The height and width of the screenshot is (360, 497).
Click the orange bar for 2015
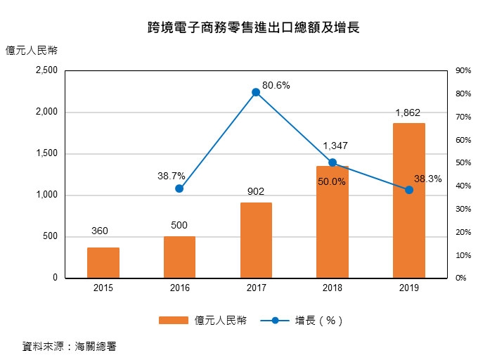click(x=103, y=262)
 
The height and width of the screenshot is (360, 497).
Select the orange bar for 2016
click(x=179, y=257)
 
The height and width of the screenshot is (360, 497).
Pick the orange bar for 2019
click(x=408, y=200)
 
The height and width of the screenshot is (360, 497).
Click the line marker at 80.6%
click(x=256, y=92)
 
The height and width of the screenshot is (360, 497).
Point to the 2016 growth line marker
click(x=179, y=188)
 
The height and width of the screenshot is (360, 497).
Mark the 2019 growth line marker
click(x=409, y=190)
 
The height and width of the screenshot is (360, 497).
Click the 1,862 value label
click(x=408, y=112)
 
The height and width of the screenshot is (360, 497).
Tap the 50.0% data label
click(x=332, y=181)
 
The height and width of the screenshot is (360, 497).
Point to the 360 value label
click(x=99, y=231)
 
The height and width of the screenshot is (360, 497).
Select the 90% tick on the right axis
click(x=463, y=71)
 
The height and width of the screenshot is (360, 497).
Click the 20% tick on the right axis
click(x=463, y=232)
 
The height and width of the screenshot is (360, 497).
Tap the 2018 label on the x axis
click(x=333, y=288)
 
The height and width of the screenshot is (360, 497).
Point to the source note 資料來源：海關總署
click(x=69, y=346)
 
